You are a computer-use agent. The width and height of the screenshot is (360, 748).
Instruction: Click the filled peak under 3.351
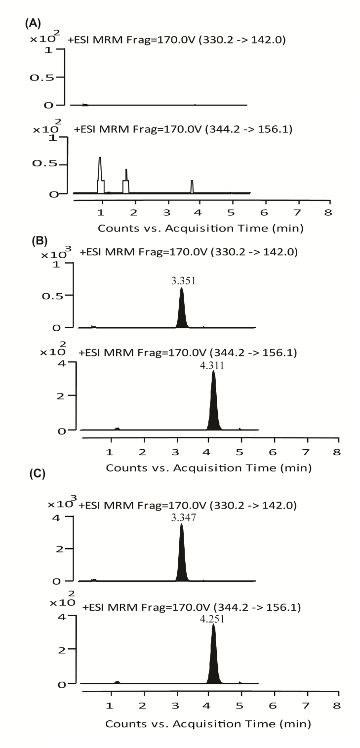pyautogui.click(x=182, y=314)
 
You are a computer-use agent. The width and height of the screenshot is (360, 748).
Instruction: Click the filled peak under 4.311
pyautogui.click(x=213, y=410)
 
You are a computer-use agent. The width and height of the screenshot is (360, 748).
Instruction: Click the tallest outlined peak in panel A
pyautogui.click(x=100, y=173)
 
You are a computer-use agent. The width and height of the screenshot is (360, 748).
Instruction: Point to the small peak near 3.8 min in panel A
pyautogui.click(x=192, y=186)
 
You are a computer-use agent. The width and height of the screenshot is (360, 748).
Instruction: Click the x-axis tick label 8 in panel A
pyautogui.click(x=328, y=212)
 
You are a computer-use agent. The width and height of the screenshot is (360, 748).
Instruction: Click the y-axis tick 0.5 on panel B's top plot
pyautogui.click(x=60, y=295)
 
